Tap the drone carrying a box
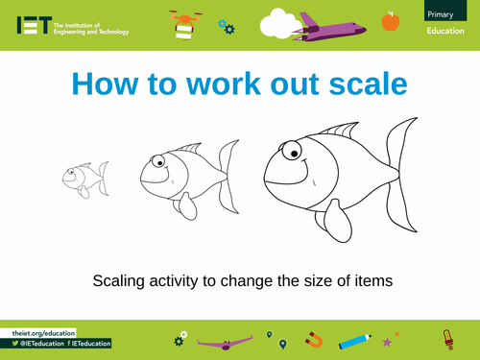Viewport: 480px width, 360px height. point(184,23)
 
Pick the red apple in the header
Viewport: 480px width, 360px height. point(390,20)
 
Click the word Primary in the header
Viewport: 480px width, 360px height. point(442,12)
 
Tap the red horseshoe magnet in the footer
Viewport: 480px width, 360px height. point(314,339)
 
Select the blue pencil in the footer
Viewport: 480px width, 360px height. point(355,339)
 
